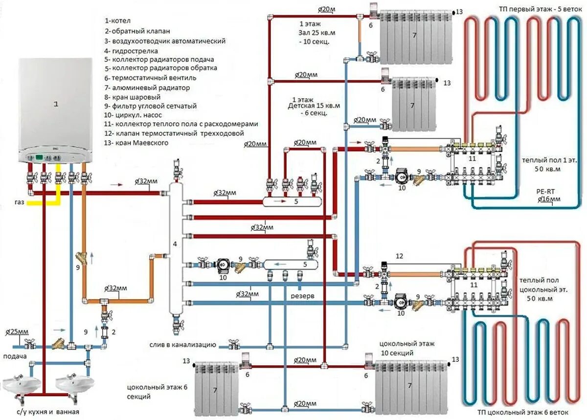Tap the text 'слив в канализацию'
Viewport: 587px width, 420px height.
[x=183, y=345]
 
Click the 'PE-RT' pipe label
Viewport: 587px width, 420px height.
[x=544, y=192]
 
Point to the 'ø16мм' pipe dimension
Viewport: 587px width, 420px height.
[x=549, y=200]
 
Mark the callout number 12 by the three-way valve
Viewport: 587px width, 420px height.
[x=399, y=256]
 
